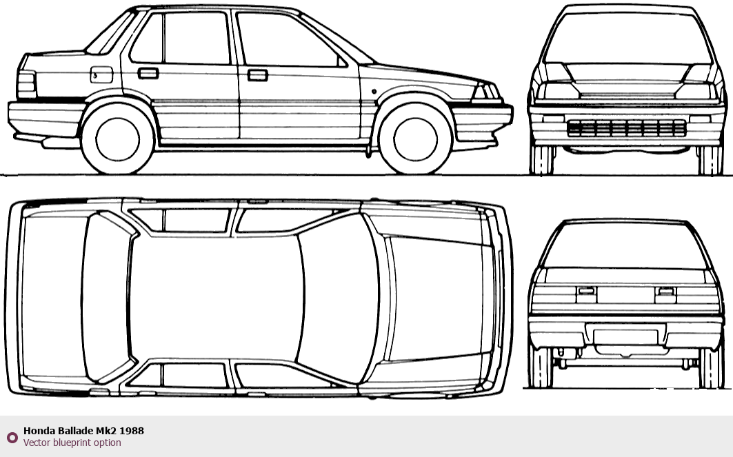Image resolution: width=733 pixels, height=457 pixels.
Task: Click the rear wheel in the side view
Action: pos(118,138)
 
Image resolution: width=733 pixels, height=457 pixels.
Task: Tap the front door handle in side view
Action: pos(257,74)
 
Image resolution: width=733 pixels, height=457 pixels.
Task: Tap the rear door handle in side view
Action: pos(148,72)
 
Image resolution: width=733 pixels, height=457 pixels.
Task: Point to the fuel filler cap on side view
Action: pos(101,72)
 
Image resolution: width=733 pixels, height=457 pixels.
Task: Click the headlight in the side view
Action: pos(485,92)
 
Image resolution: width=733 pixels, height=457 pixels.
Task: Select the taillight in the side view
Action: pos(26,84)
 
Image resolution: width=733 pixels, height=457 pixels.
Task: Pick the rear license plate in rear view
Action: pos(625,336)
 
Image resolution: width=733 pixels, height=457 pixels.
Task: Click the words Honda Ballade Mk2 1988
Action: pos(83,431)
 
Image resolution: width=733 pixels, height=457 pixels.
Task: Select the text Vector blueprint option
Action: pos(72,443)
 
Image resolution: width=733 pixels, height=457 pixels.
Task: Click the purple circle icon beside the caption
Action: pos(12,437)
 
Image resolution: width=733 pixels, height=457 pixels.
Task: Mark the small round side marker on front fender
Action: pos(373,91)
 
